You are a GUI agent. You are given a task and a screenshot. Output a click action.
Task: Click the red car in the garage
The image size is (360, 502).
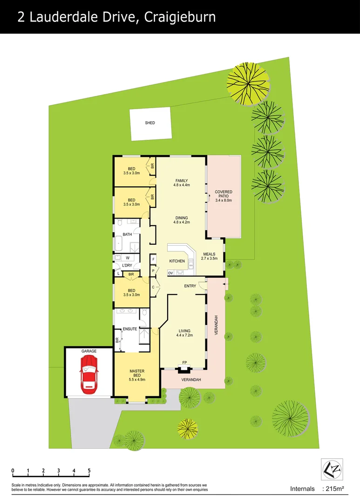click(88, 373)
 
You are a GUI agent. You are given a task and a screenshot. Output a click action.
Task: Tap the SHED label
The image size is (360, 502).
click(149, 123)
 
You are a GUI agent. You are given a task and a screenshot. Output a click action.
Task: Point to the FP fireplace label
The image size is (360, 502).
click(184, 362)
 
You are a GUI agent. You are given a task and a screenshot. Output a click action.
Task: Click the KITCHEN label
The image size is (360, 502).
click(177, 261)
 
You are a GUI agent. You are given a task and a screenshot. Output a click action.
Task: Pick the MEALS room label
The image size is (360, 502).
click(209, 254)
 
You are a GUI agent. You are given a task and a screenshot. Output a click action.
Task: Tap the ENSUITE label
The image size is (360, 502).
click(130, 329)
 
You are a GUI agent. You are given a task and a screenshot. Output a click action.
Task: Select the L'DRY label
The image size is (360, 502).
click(127, 266)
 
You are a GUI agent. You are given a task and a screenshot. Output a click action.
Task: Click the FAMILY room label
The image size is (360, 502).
click(181, 180)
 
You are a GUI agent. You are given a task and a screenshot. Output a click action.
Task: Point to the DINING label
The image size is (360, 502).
click(181, 218)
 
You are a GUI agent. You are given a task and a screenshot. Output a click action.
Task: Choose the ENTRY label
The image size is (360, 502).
click(190, 286)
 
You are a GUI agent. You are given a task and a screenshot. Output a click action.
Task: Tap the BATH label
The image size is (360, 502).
click(127, 234)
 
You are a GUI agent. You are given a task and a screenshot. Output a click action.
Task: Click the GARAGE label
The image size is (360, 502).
click(88, 351)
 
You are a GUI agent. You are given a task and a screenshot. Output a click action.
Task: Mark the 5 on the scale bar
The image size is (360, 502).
click(88, 471)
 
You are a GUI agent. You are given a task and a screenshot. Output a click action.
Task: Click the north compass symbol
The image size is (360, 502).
click(331, 469)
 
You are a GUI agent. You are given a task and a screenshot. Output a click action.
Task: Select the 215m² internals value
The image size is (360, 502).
click(334, 489)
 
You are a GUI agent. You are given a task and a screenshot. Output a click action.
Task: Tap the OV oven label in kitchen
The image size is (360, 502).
click(170, 273)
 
